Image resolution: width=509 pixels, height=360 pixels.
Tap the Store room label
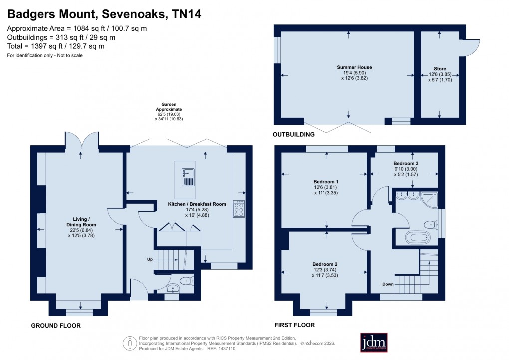(440, 69)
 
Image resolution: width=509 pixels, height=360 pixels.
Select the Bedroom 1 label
(326, 181)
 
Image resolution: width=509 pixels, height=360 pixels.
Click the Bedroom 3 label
(405, 163)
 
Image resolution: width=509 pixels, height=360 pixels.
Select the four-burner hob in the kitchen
(239, 209)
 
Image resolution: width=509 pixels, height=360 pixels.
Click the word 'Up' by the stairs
(149, 259)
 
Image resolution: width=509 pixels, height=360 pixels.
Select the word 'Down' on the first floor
(388, 284)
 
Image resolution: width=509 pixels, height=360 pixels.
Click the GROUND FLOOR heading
(56, 326)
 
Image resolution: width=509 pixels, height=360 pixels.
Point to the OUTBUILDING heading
(294, 135)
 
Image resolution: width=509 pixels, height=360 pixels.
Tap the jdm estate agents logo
(374, 343)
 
